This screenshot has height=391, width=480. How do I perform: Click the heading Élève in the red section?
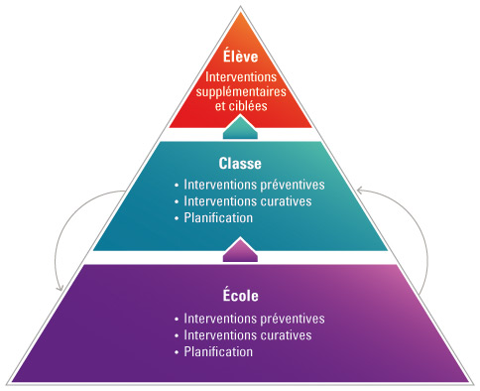(241, 57)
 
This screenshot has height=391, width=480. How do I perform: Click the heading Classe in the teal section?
(240, 163)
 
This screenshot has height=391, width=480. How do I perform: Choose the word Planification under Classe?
(218, 217)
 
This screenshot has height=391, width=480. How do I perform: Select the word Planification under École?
(218, 351)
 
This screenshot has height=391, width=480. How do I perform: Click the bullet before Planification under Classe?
(177, 218)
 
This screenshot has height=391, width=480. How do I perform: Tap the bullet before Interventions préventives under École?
(177, 320)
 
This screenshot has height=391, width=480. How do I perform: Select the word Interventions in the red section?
(241, 76)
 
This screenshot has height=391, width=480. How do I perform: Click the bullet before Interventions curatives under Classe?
(177, 201)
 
